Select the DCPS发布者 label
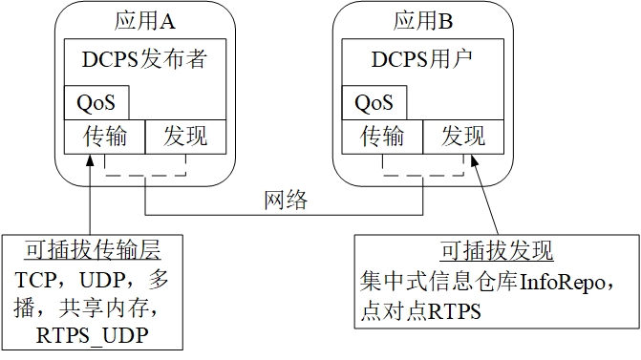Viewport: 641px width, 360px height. point(145,61)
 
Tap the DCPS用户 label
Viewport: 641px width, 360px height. point(423,61)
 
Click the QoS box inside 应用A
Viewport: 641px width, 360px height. point(96,102)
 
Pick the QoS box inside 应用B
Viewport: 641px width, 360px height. point(374,102)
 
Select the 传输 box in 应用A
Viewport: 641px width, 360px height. point(104,136)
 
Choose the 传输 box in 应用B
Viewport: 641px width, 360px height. point(382,136)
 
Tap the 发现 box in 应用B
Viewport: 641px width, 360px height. point(463,136)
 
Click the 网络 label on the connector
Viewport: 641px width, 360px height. point(286,201)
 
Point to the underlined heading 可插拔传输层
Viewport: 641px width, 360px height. point(93,252)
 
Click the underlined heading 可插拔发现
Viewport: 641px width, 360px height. point(497,252)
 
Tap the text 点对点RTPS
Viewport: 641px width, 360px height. point(420,311)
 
